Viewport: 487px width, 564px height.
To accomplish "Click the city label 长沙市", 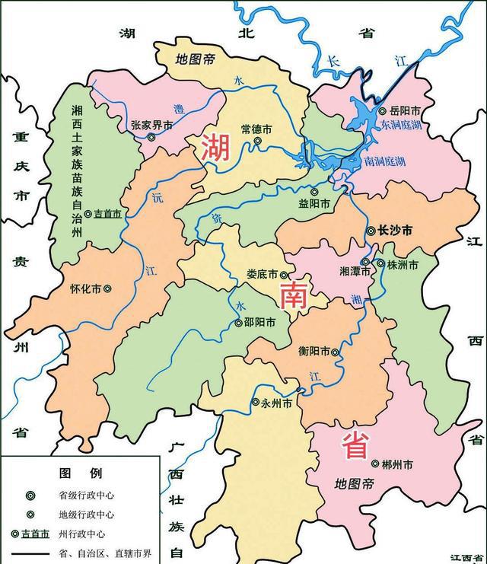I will (395, 230).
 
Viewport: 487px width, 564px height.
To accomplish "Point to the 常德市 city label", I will (256, 129).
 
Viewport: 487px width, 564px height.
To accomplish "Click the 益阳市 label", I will (314, 204).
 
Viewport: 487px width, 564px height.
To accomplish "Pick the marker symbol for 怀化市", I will (107, 289).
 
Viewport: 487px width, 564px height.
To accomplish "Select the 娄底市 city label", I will (263, 275).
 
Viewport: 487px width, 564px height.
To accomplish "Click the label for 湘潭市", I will (355, 271).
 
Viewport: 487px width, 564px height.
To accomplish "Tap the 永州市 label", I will (276, 403).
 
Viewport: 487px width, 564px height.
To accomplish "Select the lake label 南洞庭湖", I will (385, 161).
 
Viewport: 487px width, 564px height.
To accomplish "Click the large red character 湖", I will (215, 147).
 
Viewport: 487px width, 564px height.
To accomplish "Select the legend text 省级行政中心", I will (87, 494).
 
